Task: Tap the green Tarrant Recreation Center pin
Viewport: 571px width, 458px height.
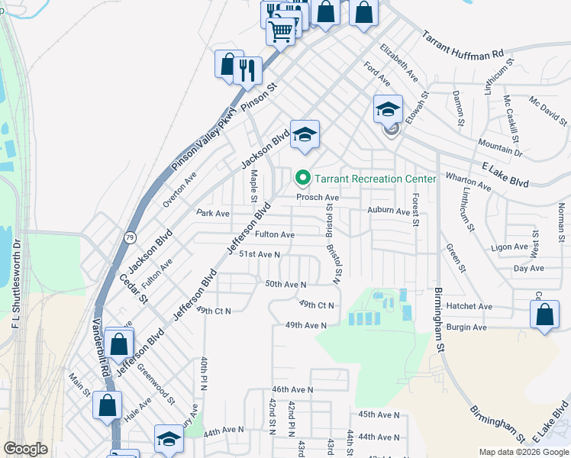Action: (x=303, y=179)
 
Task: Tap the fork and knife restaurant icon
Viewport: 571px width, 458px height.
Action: (x=247, y=70)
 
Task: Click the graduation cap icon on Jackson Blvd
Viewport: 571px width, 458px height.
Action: (x=305, y=135)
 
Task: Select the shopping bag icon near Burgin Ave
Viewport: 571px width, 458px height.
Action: (x=544, y=314)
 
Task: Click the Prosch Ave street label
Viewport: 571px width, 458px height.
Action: (x=318, y=197)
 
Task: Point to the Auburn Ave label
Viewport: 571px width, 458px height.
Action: (x=389, y=211)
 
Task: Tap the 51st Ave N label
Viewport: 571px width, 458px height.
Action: (x=260, y=254)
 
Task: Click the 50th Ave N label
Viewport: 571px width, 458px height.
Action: (x=285, y=284)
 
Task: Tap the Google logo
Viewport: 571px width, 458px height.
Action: (x=25, y=449)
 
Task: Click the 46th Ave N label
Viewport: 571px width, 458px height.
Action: (x=292, y=389)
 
